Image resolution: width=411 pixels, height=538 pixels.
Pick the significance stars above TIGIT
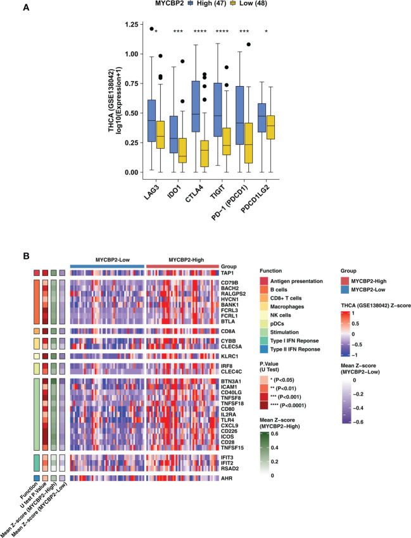[241, 31]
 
